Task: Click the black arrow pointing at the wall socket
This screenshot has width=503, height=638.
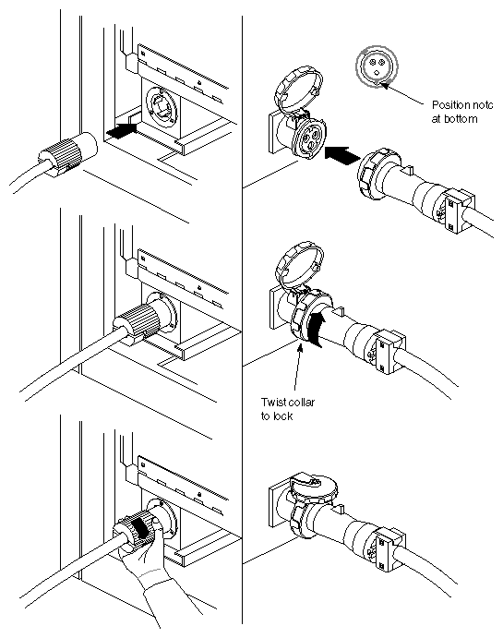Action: pos(126,132)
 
